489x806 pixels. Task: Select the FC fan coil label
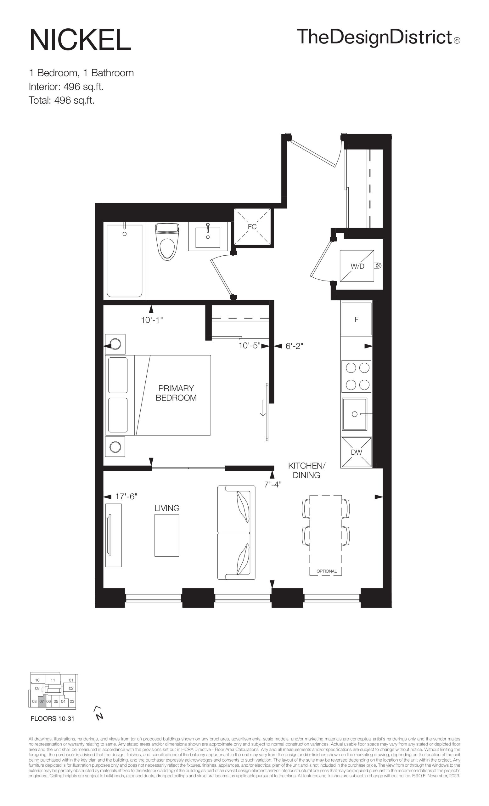tap(252, 227)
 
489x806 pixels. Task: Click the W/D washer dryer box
tap(357, 266)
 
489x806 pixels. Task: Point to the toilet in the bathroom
tap(167, 242)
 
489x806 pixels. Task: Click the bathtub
tap(125, 261)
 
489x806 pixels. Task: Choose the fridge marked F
tap(356, 319)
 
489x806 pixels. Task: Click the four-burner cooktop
tap(356, 376)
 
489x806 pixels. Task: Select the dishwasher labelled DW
tap(356, 452)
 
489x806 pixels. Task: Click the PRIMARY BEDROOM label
tap(176, 393)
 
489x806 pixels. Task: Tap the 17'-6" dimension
tap(126, 497)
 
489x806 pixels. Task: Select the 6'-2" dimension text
tap(295, 346)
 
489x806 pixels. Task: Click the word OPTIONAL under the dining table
tap(327, 571)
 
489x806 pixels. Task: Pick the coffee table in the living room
tap(167, 535)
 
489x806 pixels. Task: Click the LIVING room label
tap(167, 508)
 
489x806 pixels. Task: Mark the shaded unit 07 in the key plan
tap(42, 701)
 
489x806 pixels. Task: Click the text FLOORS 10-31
tap(53, 719)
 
